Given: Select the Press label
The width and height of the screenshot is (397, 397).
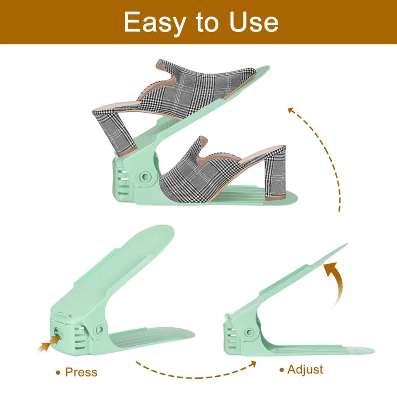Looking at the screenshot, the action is coord(81,372).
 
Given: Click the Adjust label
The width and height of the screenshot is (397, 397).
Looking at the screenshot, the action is coord(305,370).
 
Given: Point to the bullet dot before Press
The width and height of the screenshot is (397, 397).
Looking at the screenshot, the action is coord(58,373).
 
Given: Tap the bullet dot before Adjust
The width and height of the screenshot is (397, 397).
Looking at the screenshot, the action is coord(282,370).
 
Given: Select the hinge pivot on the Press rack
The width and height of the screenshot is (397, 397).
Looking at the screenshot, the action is coord(100,329).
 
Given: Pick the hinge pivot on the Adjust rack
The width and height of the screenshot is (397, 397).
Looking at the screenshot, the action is coord(249,332).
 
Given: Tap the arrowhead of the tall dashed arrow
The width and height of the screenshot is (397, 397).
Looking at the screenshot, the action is coord(291,110).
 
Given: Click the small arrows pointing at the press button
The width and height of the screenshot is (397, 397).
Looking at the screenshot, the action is coord(49,343).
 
